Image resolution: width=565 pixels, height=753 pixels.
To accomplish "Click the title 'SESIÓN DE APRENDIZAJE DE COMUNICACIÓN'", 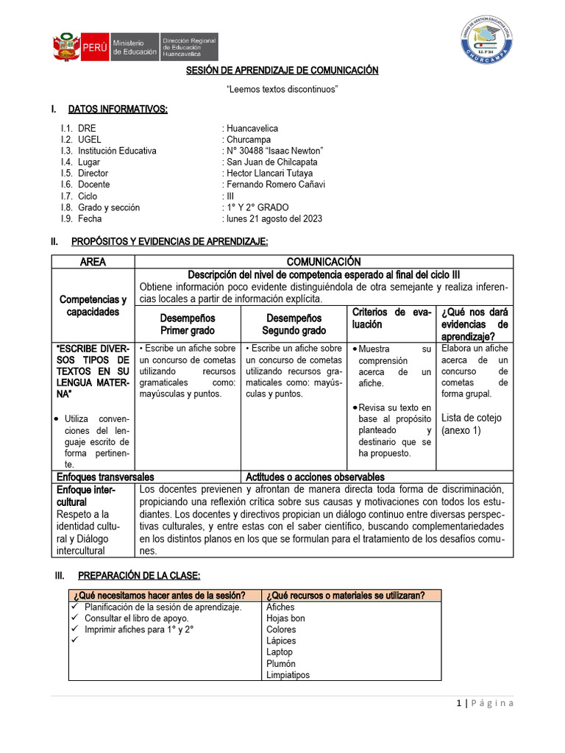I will (282, 71).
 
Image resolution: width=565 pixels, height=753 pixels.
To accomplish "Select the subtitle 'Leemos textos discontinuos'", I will (282, 89).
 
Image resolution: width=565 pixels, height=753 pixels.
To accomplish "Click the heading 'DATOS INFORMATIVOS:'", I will (118, 110).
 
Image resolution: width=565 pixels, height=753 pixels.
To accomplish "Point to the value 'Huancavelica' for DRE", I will (252, 129).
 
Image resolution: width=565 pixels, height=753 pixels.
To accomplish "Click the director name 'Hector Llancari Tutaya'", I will (270, 174).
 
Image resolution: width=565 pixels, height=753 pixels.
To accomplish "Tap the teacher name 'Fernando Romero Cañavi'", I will (276, 185).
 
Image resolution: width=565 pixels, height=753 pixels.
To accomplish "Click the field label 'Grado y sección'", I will (109, 208).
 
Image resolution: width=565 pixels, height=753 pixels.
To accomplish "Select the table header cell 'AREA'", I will (93, 262).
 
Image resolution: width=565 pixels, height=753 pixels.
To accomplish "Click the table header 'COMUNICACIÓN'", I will (324, 262).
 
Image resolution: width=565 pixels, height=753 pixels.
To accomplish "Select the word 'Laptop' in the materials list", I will (280, 652).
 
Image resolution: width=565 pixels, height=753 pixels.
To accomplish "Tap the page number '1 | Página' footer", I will (484, 704).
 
